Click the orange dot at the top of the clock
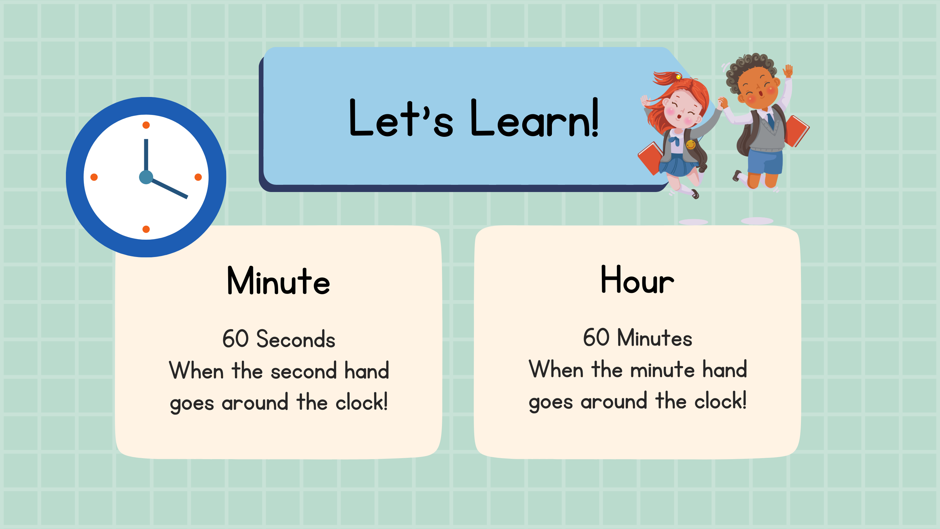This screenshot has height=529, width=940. pyautogui.click(x=146, y=125)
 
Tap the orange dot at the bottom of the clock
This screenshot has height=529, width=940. pyautogui.click(x=146, y=229)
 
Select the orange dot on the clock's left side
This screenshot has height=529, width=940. pyautogui.click(x=94, y=177)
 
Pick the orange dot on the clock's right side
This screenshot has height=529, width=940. pyautogui.click(x=198, y=177)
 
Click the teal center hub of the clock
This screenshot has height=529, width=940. pyautogui.click(x=146, y=177)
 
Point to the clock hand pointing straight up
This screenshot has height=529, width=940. pyautogui.click(x=146, y=155)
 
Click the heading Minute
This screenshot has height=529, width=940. pyautogui.click(x=278, y=281)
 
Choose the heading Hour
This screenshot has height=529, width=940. pyautogui.click(x=637, y=280)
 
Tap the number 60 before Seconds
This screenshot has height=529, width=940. pyautogui.click(x=236, y=339)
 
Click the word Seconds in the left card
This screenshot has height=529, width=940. pyautogui.click(x=296, y=339)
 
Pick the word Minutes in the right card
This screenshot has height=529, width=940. pyautogui.click(x=655, y=337)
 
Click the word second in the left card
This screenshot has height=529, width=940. pyautogui.click(x=304, y=372)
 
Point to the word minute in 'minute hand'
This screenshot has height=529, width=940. pyautogui.click(x=662, y=370)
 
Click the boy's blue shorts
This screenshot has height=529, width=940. pyautogui.click(x=765, y=161)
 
